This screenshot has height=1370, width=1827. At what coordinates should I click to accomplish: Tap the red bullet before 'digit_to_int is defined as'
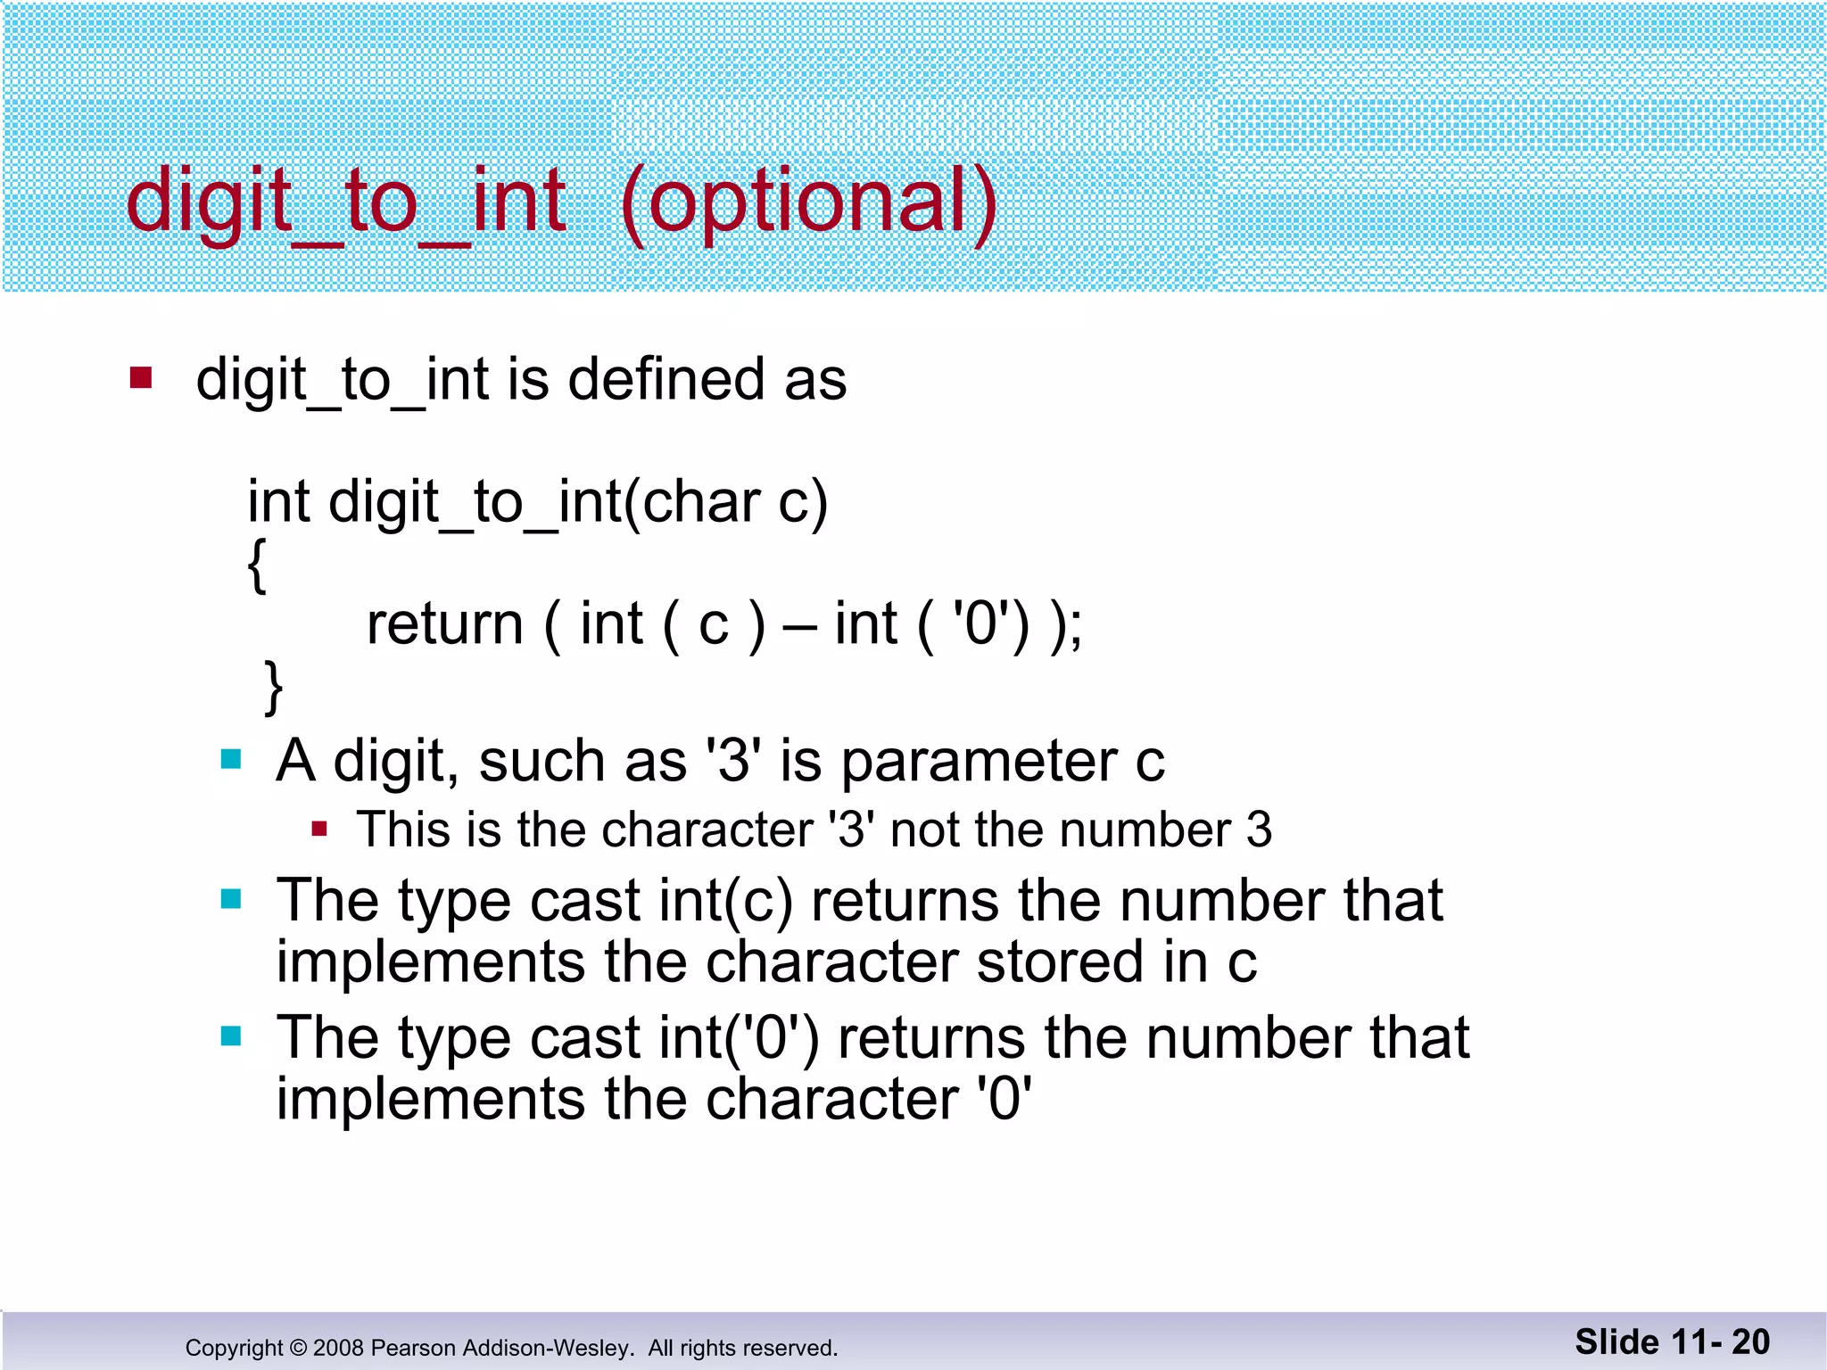[141, 378]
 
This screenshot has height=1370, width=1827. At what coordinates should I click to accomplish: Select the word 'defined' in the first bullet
[666, 380]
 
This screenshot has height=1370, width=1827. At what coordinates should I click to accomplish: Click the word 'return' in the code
[444, 624]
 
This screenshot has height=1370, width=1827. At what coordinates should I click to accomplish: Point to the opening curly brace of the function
[257, 565]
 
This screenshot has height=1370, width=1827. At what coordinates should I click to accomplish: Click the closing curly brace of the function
[274, 687]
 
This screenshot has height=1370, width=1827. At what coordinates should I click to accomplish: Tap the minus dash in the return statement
[799, 627]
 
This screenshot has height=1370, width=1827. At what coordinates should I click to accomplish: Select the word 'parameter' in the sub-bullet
[979, 763]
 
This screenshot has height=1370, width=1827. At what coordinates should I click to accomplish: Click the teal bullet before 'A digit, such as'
[231, 760]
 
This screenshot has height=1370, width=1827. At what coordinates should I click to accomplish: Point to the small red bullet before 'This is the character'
[319, 830]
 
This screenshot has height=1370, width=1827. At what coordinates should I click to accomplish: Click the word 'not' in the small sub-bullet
[923, 830]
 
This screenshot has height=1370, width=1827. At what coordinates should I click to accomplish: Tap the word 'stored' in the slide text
[1060, 963]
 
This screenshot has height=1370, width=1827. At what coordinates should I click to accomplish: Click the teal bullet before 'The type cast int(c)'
[231, 899]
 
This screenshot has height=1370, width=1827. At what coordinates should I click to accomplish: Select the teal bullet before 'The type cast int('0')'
[231, 1036]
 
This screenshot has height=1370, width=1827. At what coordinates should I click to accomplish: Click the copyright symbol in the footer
[298, 1348]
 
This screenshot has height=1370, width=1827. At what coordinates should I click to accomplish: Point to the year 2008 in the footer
[338, 1348]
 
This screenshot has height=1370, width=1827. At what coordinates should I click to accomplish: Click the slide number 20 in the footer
[1750, 1342]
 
